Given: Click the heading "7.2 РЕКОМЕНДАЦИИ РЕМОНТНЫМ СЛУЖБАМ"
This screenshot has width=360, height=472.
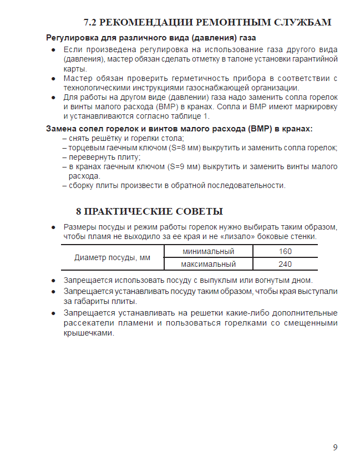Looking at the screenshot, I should [207, 23].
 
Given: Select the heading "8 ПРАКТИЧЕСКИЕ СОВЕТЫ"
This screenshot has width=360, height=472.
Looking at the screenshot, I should [149, 211].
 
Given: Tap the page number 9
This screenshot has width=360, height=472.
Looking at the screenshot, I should [335, 448].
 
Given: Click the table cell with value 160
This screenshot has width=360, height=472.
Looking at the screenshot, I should [285, 251].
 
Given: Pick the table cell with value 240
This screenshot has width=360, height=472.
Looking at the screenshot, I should [285, 264].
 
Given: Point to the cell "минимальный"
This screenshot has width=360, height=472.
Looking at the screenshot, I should [209, 251].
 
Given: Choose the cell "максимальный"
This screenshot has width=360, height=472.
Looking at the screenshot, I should [209, 264].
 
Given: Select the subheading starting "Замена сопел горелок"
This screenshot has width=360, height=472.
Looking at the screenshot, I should [179, 129].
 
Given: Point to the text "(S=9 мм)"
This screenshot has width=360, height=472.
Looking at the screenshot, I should [184, 166].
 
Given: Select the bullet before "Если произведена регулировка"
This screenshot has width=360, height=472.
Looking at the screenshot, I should [53, 50].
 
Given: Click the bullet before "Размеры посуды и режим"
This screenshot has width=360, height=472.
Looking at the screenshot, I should [53, 227].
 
